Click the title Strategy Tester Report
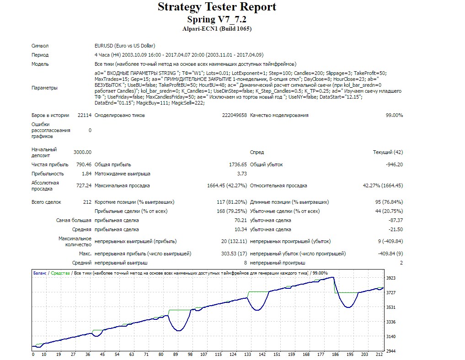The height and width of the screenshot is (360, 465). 217,7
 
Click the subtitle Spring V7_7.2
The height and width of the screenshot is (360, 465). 217,20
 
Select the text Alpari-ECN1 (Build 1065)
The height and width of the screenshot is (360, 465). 217,29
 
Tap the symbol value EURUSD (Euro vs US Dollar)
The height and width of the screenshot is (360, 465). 125,46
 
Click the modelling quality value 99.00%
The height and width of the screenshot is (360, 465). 394,115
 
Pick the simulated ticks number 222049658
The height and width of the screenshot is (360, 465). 234,115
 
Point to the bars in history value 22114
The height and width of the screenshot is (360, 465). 85,115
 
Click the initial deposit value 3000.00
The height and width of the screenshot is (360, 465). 82,152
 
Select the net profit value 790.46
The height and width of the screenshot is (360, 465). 84,165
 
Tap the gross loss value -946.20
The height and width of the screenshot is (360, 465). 394,165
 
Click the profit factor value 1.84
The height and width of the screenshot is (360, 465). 86,174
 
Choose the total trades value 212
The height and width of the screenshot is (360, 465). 87,202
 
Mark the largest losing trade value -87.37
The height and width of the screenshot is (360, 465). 396,221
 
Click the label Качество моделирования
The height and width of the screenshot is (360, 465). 279,115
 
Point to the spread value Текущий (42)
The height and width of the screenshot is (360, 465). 388,152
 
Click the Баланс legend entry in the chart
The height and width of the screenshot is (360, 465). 40,273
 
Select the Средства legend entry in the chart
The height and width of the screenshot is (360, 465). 60,273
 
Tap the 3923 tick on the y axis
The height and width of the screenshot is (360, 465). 391,278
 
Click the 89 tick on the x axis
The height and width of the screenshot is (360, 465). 176,355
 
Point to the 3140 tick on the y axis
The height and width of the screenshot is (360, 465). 391,337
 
